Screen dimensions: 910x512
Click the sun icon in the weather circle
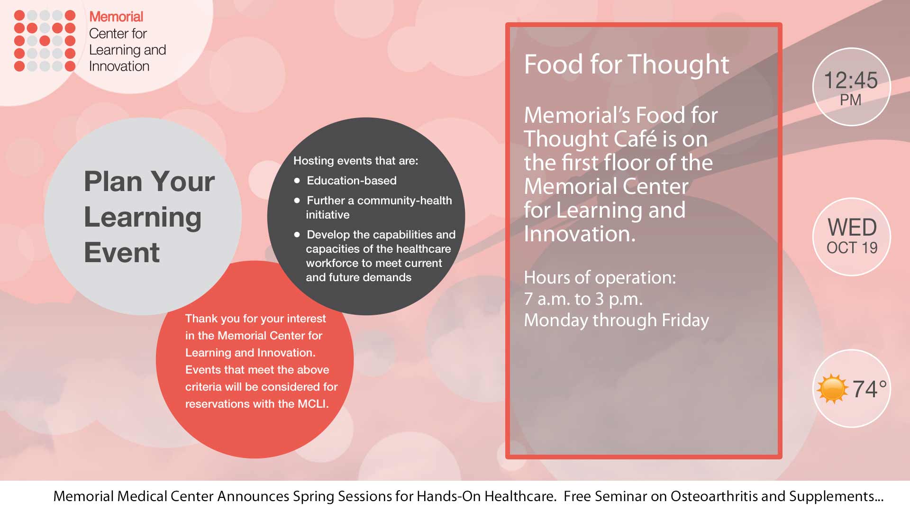833,389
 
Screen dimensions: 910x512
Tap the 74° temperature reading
869,389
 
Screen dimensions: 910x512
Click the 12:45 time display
851,80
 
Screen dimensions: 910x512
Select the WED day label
852,228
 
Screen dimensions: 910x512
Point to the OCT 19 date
852,247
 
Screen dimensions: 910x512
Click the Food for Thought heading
627,64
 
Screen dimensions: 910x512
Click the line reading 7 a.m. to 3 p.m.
583,299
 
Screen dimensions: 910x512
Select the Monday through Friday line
617,320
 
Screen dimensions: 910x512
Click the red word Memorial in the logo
116,17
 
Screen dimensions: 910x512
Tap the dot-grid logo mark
45,41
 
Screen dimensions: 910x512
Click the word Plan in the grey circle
112,182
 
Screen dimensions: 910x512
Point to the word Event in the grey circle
122,252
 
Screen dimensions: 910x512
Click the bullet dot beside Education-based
297,181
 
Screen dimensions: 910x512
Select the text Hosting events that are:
356,161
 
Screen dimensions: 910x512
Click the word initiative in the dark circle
328,215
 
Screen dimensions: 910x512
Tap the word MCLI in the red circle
313,404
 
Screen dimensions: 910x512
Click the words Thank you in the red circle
213,319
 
